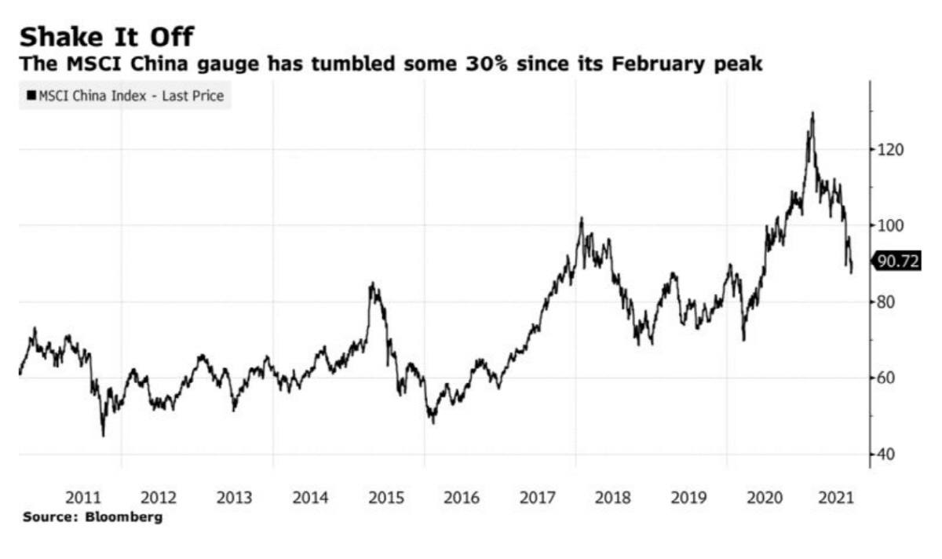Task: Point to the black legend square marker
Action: (x=31, y=96)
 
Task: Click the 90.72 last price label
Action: (x=897, y=261)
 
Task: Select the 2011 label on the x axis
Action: (x=83, y=497)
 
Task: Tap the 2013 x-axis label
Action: (x=235, y=497)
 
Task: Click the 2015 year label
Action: (x=386, y=497)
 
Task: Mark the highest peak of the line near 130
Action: (x=812, y=113)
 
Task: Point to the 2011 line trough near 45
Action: (x=103, y=435)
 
